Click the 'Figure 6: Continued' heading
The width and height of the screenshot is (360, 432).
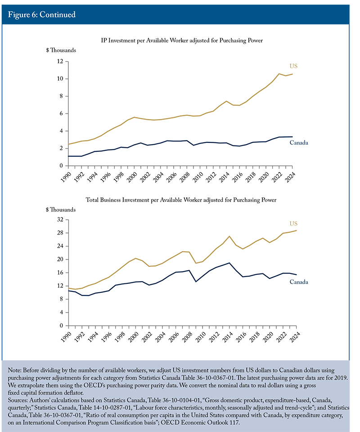pos(41,14)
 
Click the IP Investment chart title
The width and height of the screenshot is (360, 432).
pos(182,41)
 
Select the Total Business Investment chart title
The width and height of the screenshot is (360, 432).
pos(181,200)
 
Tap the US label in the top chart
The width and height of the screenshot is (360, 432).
pos(293,66)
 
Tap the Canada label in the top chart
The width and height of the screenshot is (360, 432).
pos(299,143)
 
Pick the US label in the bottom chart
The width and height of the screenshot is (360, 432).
pos(293,223)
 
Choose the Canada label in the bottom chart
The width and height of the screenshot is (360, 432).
pos(299,282)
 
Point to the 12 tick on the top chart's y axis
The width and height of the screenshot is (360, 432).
pos(60,61)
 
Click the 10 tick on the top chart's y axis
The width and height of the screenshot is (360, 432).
pos(60,78)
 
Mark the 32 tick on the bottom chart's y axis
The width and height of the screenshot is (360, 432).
pos(60,219)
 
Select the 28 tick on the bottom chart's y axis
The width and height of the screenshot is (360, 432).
pos(60,233)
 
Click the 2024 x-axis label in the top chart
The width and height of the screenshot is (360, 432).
pos(290,177)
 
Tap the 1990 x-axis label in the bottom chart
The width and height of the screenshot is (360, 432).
pos(66,337)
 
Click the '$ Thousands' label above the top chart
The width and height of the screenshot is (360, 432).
pos(61,50)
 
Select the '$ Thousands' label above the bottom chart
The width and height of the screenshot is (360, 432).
pos(61,209)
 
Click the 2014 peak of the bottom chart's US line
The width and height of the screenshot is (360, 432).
pos(229,236)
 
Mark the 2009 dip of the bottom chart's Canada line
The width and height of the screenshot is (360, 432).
pos(196,282)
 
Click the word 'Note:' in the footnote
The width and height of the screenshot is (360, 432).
pos(15,370)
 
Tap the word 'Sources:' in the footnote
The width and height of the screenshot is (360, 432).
pos(18,400)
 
